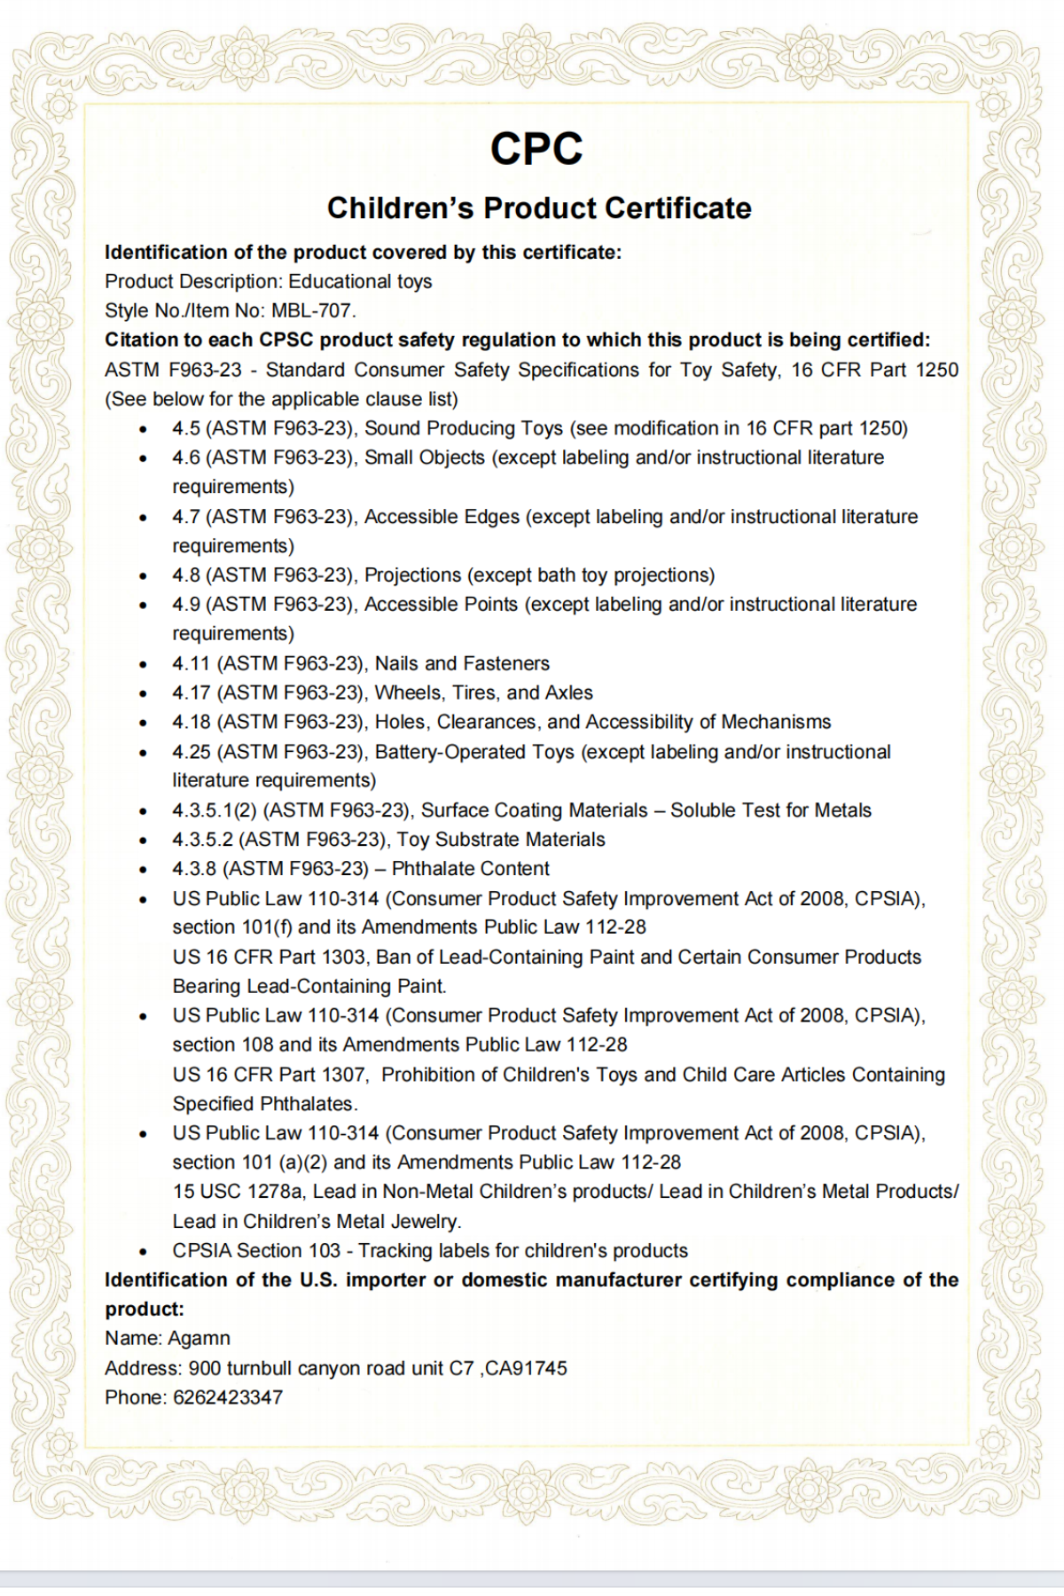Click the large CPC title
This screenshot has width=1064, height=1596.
(536, 149)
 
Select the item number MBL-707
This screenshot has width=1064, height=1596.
(312, 311)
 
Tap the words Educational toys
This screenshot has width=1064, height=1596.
(360, 282)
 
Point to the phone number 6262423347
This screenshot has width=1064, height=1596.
(228, 1397)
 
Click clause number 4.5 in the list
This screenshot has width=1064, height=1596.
(186, 429)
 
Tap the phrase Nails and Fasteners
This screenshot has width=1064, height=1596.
(462, 664)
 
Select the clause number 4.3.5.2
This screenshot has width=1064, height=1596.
(202, 840)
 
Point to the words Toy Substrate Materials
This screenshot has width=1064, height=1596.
(501, 840)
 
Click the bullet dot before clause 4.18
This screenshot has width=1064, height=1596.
(143, 724)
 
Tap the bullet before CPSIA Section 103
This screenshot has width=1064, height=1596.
(143, 1252)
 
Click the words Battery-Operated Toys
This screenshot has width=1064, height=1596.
(474, 752)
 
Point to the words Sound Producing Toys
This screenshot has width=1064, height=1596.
(464, 429)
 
